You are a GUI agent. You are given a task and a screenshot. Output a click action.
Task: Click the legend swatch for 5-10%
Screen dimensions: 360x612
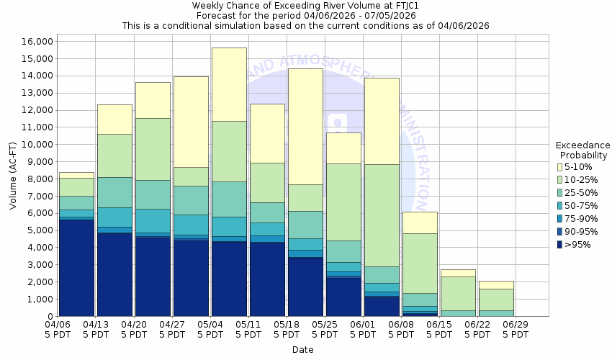(x=560, y=166)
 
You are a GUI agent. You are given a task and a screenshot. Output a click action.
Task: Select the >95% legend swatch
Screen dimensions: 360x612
(x=560, y=244)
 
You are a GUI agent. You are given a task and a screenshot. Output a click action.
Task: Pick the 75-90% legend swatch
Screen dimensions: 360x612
(x=560, y=218)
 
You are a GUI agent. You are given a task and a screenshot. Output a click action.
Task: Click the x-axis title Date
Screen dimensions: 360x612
(x=302, y=349)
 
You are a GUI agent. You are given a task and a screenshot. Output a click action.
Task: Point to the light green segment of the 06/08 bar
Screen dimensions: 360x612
(x=420, y=263)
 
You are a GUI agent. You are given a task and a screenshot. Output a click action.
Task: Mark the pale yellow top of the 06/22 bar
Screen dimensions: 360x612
(x=496, y=285)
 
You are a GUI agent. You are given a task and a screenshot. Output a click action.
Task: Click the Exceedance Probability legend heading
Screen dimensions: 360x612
(x=583, y=150)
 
